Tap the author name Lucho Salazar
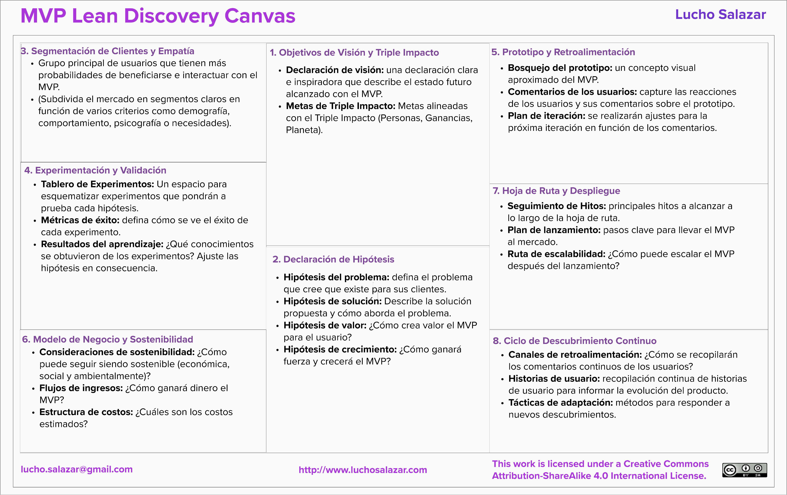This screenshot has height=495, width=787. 720,15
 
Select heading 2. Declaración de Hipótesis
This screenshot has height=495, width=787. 333,259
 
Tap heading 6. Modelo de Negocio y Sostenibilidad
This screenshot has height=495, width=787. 107,339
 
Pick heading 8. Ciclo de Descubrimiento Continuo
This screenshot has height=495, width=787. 574,341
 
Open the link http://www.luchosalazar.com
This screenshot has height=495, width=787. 362,470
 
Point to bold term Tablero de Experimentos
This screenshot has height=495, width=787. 97,184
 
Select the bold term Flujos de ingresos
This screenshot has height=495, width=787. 81,388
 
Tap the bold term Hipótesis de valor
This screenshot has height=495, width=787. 325,325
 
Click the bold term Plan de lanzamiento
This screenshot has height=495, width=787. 554,230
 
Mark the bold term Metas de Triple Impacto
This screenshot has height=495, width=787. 340,106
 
